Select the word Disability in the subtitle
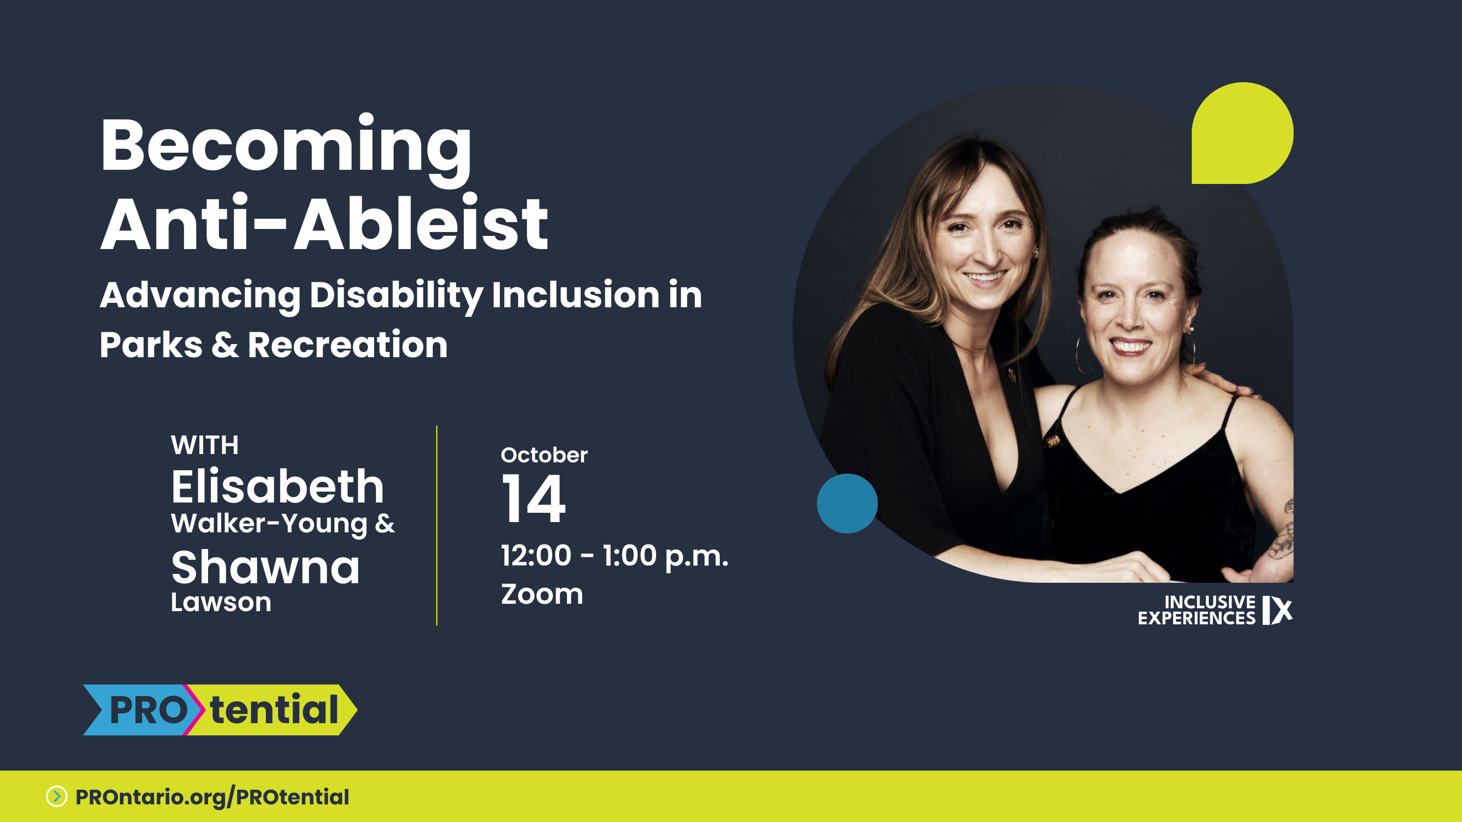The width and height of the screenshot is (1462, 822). [396, 296]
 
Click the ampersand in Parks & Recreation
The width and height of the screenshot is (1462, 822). [225, 345]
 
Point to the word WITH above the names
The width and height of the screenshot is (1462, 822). [205, 445]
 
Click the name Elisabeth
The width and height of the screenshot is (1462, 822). [278, 487]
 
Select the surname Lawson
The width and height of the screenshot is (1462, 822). [221, 602]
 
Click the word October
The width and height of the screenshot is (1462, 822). [543, 455]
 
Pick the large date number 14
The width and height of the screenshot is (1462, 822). [534, 499]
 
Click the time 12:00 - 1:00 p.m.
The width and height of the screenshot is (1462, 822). [614, 556]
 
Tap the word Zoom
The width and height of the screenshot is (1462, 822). [542, 594]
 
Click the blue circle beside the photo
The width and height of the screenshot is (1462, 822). [847, 503]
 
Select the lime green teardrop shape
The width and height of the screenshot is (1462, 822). [1242, 133]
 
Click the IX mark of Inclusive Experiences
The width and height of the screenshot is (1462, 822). [1277, 611]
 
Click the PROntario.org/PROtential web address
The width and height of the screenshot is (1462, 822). [212, 797]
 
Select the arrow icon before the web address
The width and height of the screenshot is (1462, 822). [57, 797]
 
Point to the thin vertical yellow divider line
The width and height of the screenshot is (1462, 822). [436, 525]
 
